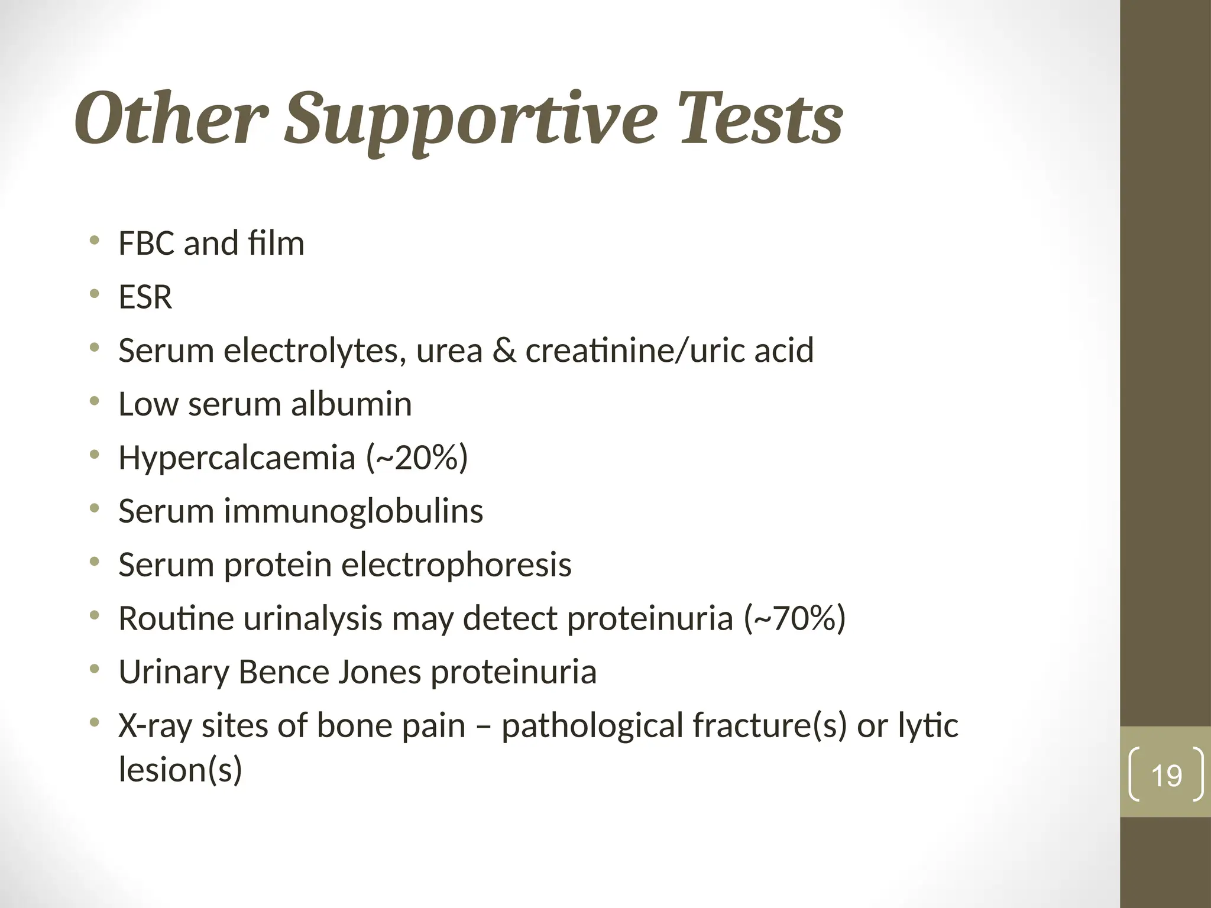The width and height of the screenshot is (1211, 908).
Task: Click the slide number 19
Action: [x=1166, y=776]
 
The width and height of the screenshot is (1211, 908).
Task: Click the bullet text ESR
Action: [x=145, y=297]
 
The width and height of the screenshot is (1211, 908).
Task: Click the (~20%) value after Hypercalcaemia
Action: [x=417, y=458]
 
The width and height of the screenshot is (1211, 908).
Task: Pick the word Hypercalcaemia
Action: [x=237, y=458]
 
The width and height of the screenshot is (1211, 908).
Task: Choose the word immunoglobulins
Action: [x=353, y=511]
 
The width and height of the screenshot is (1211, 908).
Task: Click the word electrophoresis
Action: [x=456, y=565]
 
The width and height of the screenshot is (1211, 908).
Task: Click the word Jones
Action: [x=379, y=672]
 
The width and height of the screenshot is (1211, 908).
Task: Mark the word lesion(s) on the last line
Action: [x=180, y=770]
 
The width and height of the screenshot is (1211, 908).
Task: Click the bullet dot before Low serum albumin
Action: [x=94, y=402]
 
